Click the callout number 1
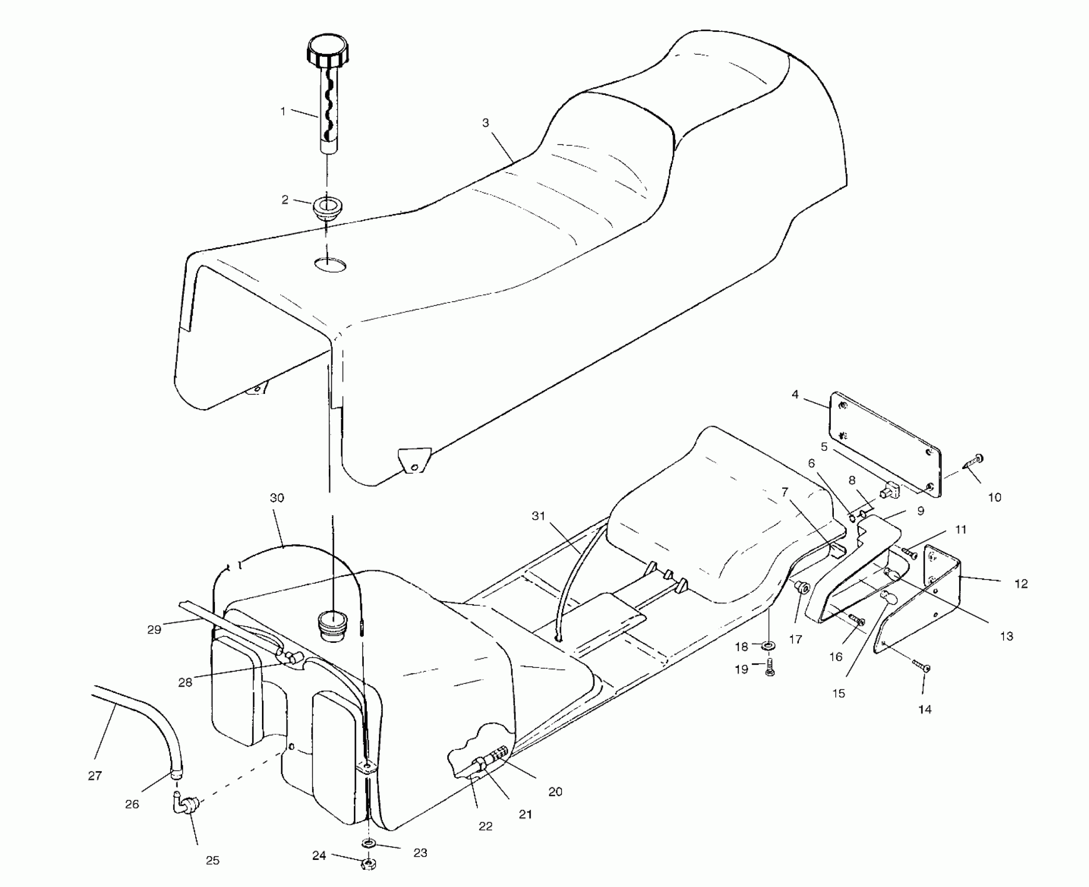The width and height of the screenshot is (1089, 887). [283, 111]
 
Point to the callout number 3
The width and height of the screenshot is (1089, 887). [485, 123]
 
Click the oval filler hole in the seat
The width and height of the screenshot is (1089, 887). [330, 265]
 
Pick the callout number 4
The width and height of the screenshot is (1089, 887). [795, 394]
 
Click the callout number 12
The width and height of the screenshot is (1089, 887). [1021, 584]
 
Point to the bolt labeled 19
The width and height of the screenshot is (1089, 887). [769, 668]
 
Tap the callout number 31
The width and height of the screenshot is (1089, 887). [538, 516]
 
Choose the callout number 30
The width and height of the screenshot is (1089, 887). [277, 498]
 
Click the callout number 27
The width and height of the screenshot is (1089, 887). [95, 776]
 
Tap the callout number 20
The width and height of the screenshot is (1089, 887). [555, 792]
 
